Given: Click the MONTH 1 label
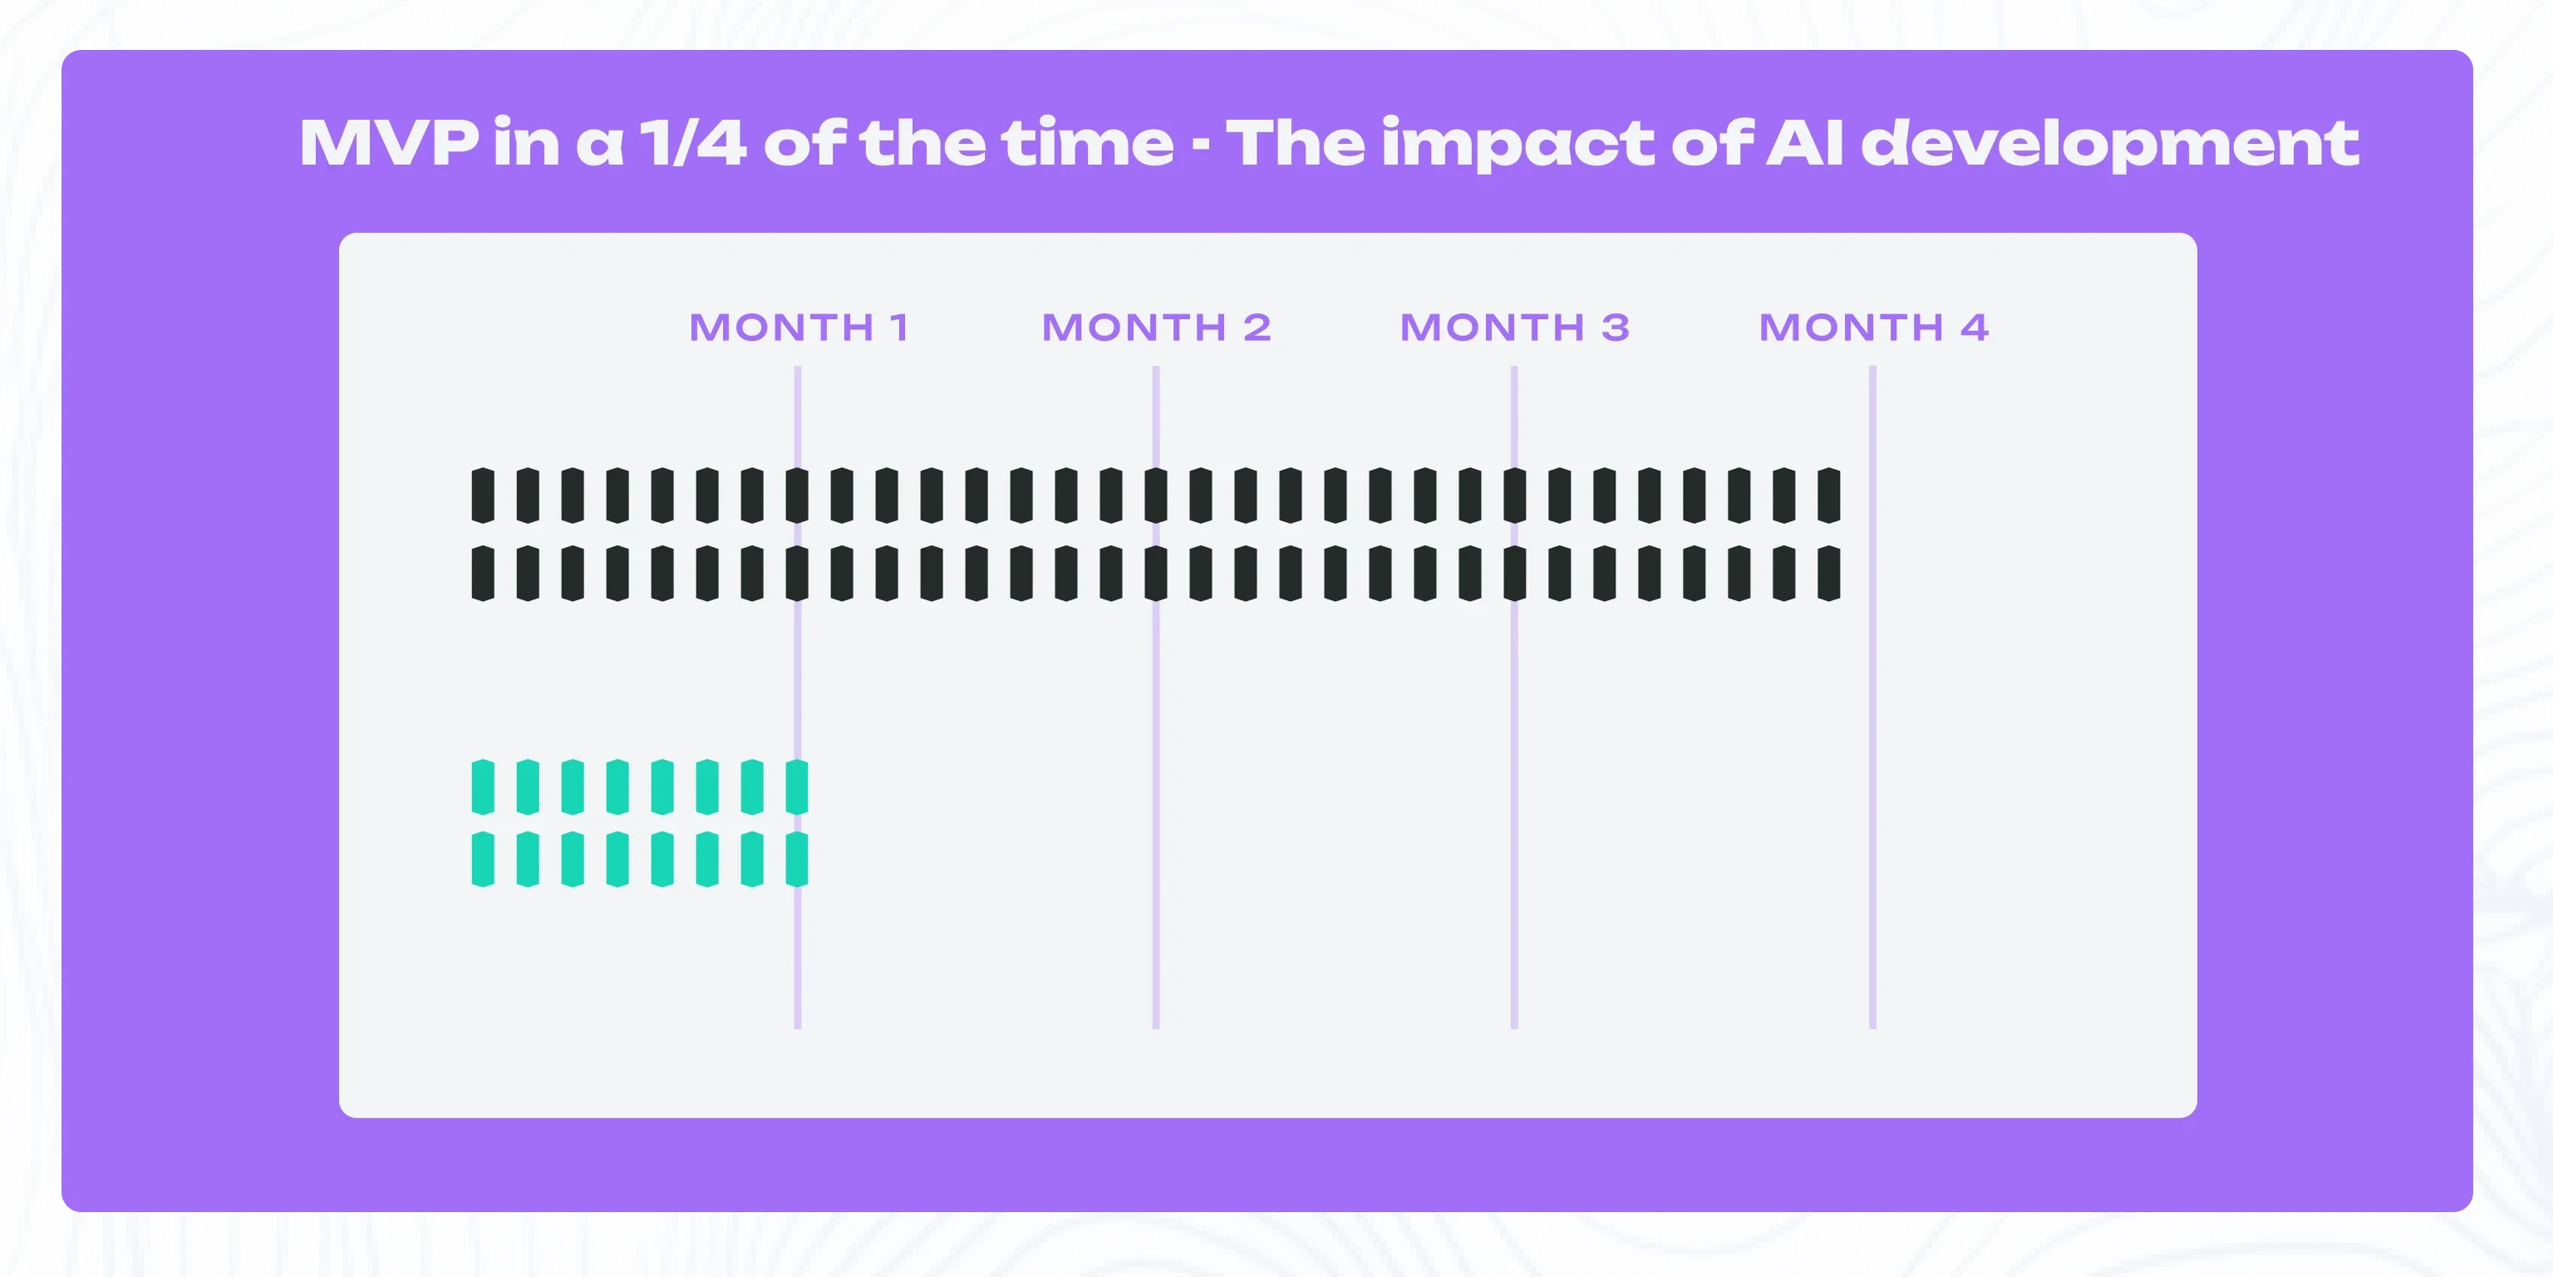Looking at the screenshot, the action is click(x=799, y=328).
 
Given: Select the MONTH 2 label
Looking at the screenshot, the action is click(x=1157, y=328).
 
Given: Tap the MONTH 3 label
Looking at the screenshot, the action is click(x=1514, y=328).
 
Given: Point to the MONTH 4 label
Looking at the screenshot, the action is click(x=1873, y=328).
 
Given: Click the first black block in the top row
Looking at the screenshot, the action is click(x=483, y=496).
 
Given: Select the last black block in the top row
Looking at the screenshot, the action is click(x=1829, y=496).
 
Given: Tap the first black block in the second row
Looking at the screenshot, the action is click(x=483, y=573).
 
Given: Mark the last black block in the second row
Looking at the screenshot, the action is click(x=1829, y=573).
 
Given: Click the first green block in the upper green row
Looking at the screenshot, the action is click(x=483, y=787).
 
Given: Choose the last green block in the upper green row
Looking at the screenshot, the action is click(x=797, y=787).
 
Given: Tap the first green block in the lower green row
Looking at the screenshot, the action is click(x=483, y=859).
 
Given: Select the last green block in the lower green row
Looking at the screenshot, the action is click(x=797, y=859).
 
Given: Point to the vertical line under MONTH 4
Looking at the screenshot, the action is click(x=1872, y=697).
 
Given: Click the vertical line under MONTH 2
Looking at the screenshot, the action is click(x=1156, y=697).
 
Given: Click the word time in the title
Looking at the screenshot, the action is click(x=1087, y=143).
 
